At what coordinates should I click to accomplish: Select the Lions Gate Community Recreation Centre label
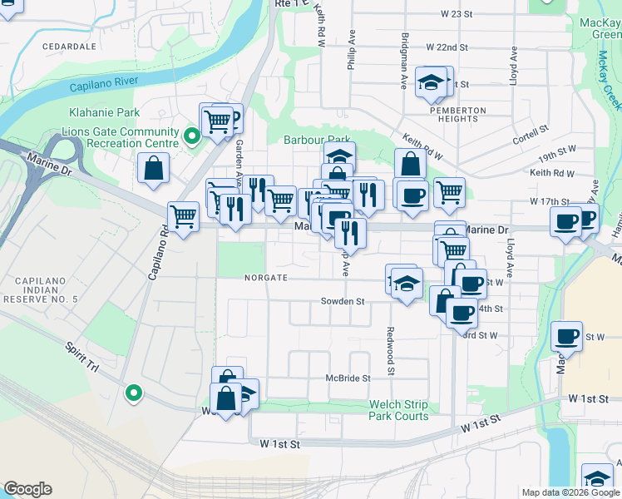[x=120, y=137]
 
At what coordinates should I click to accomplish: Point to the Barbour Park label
[x=317, y=141]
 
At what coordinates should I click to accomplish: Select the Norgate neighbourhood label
[x=265, y=278]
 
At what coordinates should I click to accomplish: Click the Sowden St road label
[x=343, y=301]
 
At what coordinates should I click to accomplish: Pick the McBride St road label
[x=347, y=378]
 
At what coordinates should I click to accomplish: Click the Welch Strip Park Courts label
[x=398, y=411]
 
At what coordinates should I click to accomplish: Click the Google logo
[x=27, y=489]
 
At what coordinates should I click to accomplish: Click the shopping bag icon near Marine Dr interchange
[x=155, y=169]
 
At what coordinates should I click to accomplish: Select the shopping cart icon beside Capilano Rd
[x=183, y=218]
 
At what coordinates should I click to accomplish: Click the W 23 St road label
[x=457, y=14]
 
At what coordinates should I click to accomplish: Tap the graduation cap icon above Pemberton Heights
[x=430, y=82]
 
